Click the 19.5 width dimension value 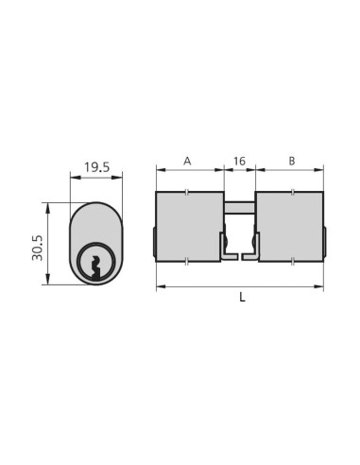click(94, 167)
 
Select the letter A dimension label click(187, 162)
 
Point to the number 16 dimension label click(239, 162)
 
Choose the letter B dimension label click(291, 162)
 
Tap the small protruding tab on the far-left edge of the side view click(154, 241)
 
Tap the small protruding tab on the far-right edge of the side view click(326, 241)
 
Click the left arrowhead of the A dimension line click(159, 171)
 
